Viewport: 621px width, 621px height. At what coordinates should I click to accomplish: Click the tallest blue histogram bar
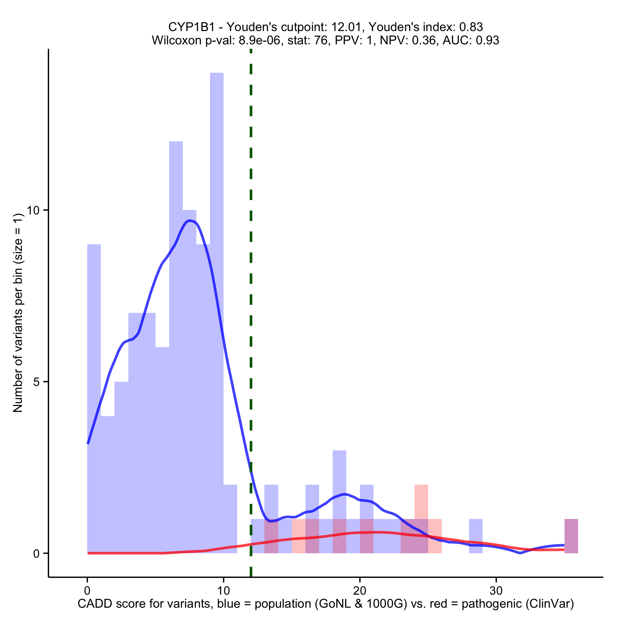tap(217, 225)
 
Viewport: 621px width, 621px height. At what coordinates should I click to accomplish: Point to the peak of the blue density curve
tap(190, 221)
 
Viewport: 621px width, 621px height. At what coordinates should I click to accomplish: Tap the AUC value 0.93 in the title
tap(487, 41)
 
